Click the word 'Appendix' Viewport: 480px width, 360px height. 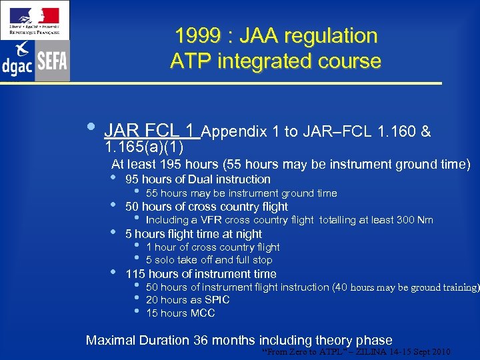[x=235, y=132]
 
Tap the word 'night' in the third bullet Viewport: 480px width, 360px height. [x=247, y=234]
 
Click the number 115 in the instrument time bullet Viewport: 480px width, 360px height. [x=135, y=274]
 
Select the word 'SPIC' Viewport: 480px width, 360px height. [x=217, y=300]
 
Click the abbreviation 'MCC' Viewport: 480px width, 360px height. [x=203, y=313]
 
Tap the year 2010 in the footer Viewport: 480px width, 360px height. [x=439, y=352]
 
